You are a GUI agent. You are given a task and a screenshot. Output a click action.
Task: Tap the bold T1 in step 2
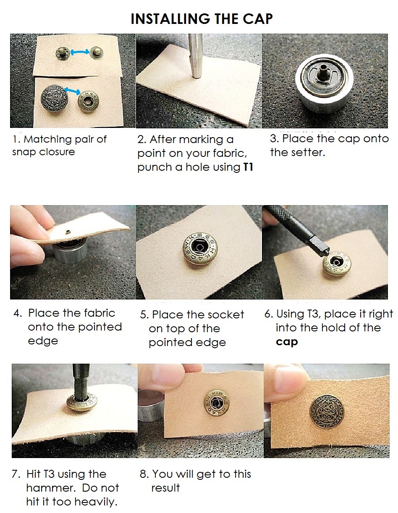249,167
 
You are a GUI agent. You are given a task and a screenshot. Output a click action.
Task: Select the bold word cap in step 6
287,342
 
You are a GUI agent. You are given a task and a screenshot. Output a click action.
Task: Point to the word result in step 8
165,488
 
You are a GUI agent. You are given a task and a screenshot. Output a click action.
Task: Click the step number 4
17,313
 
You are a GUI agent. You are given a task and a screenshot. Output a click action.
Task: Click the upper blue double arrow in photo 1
80,52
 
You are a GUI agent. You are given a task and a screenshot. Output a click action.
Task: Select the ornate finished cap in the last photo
326,411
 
